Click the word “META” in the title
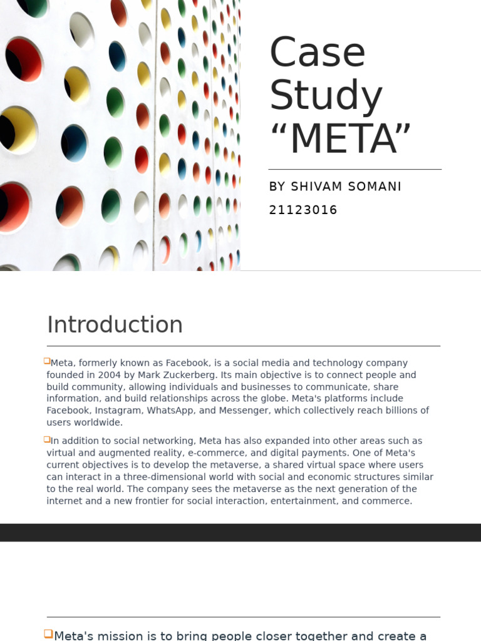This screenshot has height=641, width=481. click(x=341, y=139)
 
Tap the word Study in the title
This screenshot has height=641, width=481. click(x=326, y=96)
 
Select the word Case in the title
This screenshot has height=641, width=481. click(x=317, y=53)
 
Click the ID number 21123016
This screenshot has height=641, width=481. click(x=303, y=210)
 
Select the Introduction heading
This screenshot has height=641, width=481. click(x=115, y=325)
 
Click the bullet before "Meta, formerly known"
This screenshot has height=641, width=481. click(x=47, y=361)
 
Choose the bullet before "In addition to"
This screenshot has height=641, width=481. click(x=47, y=440)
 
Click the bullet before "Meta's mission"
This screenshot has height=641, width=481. click(x=49, y=634)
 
